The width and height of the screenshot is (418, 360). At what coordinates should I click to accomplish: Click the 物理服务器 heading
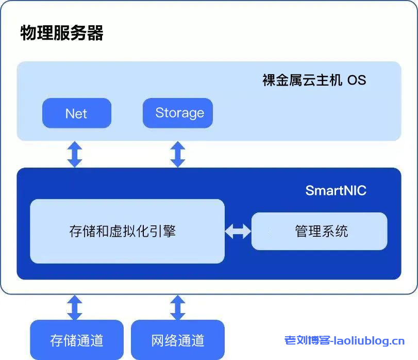(62, 32)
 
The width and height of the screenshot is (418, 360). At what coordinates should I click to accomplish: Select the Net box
(76, 113)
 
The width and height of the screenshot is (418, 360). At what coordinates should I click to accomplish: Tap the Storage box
(178, 113)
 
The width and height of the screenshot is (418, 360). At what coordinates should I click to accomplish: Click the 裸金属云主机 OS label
(314, 80)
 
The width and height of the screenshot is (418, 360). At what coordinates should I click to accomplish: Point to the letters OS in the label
(356, 80)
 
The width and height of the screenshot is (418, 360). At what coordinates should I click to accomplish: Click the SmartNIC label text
(336, 190)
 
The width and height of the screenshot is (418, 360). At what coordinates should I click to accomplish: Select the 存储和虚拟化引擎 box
(127, 231)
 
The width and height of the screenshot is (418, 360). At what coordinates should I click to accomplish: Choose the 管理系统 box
(319, 231)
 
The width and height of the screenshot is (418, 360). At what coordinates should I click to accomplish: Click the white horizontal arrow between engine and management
(238, 231)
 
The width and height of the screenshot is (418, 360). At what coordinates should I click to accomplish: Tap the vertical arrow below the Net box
(75, 154)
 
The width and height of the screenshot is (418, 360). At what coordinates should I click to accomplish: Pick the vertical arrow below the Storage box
(178, 154)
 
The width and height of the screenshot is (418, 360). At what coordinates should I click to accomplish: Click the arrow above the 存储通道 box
(75, 307)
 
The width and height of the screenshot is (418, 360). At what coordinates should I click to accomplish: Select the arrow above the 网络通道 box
(178, 307)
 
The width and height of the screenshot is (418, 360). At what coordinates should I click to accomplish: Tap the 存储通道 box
(77, 340)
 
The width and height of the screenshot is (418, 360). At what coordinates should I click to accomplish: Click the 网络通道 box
(178, 340)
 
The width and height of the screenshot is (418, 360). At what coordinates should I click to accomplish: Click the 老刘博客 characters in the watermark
(307, 340)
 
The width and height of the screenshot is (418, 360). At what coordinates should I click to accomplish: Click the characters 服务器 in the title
(82, 32)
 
